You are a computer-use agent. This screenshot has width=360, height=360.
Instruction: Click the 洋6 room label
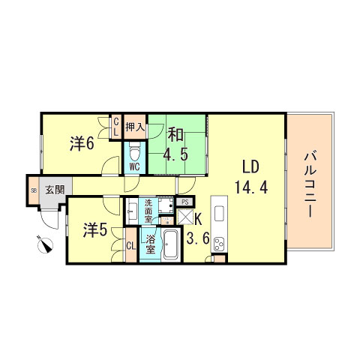(82, 142)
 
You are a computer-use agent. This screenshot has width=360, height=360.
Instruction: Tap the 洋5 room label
(94, 230)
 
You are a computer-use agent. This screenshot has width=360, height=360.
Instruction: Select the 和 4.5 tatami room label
(176, 145)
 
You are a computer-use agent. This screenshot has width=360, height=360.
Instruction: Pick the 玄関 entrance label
(53, 189)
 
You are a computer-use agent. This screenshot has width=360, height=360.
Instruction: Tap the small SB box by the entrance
(33, 190)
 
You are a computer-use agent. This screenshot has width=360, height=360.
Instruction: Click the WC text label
(134, 166)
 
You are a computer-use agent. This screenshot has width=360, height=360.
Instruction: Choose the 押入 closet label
(134, 127)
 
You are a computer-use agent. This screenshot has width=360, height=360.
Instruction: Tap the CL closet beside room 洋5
(130, 245)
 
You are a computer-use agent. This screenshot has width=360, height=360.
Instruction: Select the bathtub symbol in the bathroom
(169, 244)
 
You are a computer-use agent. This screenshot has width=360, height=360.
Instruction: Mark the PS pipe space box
(184, 202)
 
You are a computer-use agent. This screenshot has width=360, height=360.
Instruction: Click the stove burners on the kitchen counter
(220, 242)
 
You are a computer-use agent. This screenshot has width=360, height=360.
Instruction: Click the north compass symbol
(45, 244)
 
